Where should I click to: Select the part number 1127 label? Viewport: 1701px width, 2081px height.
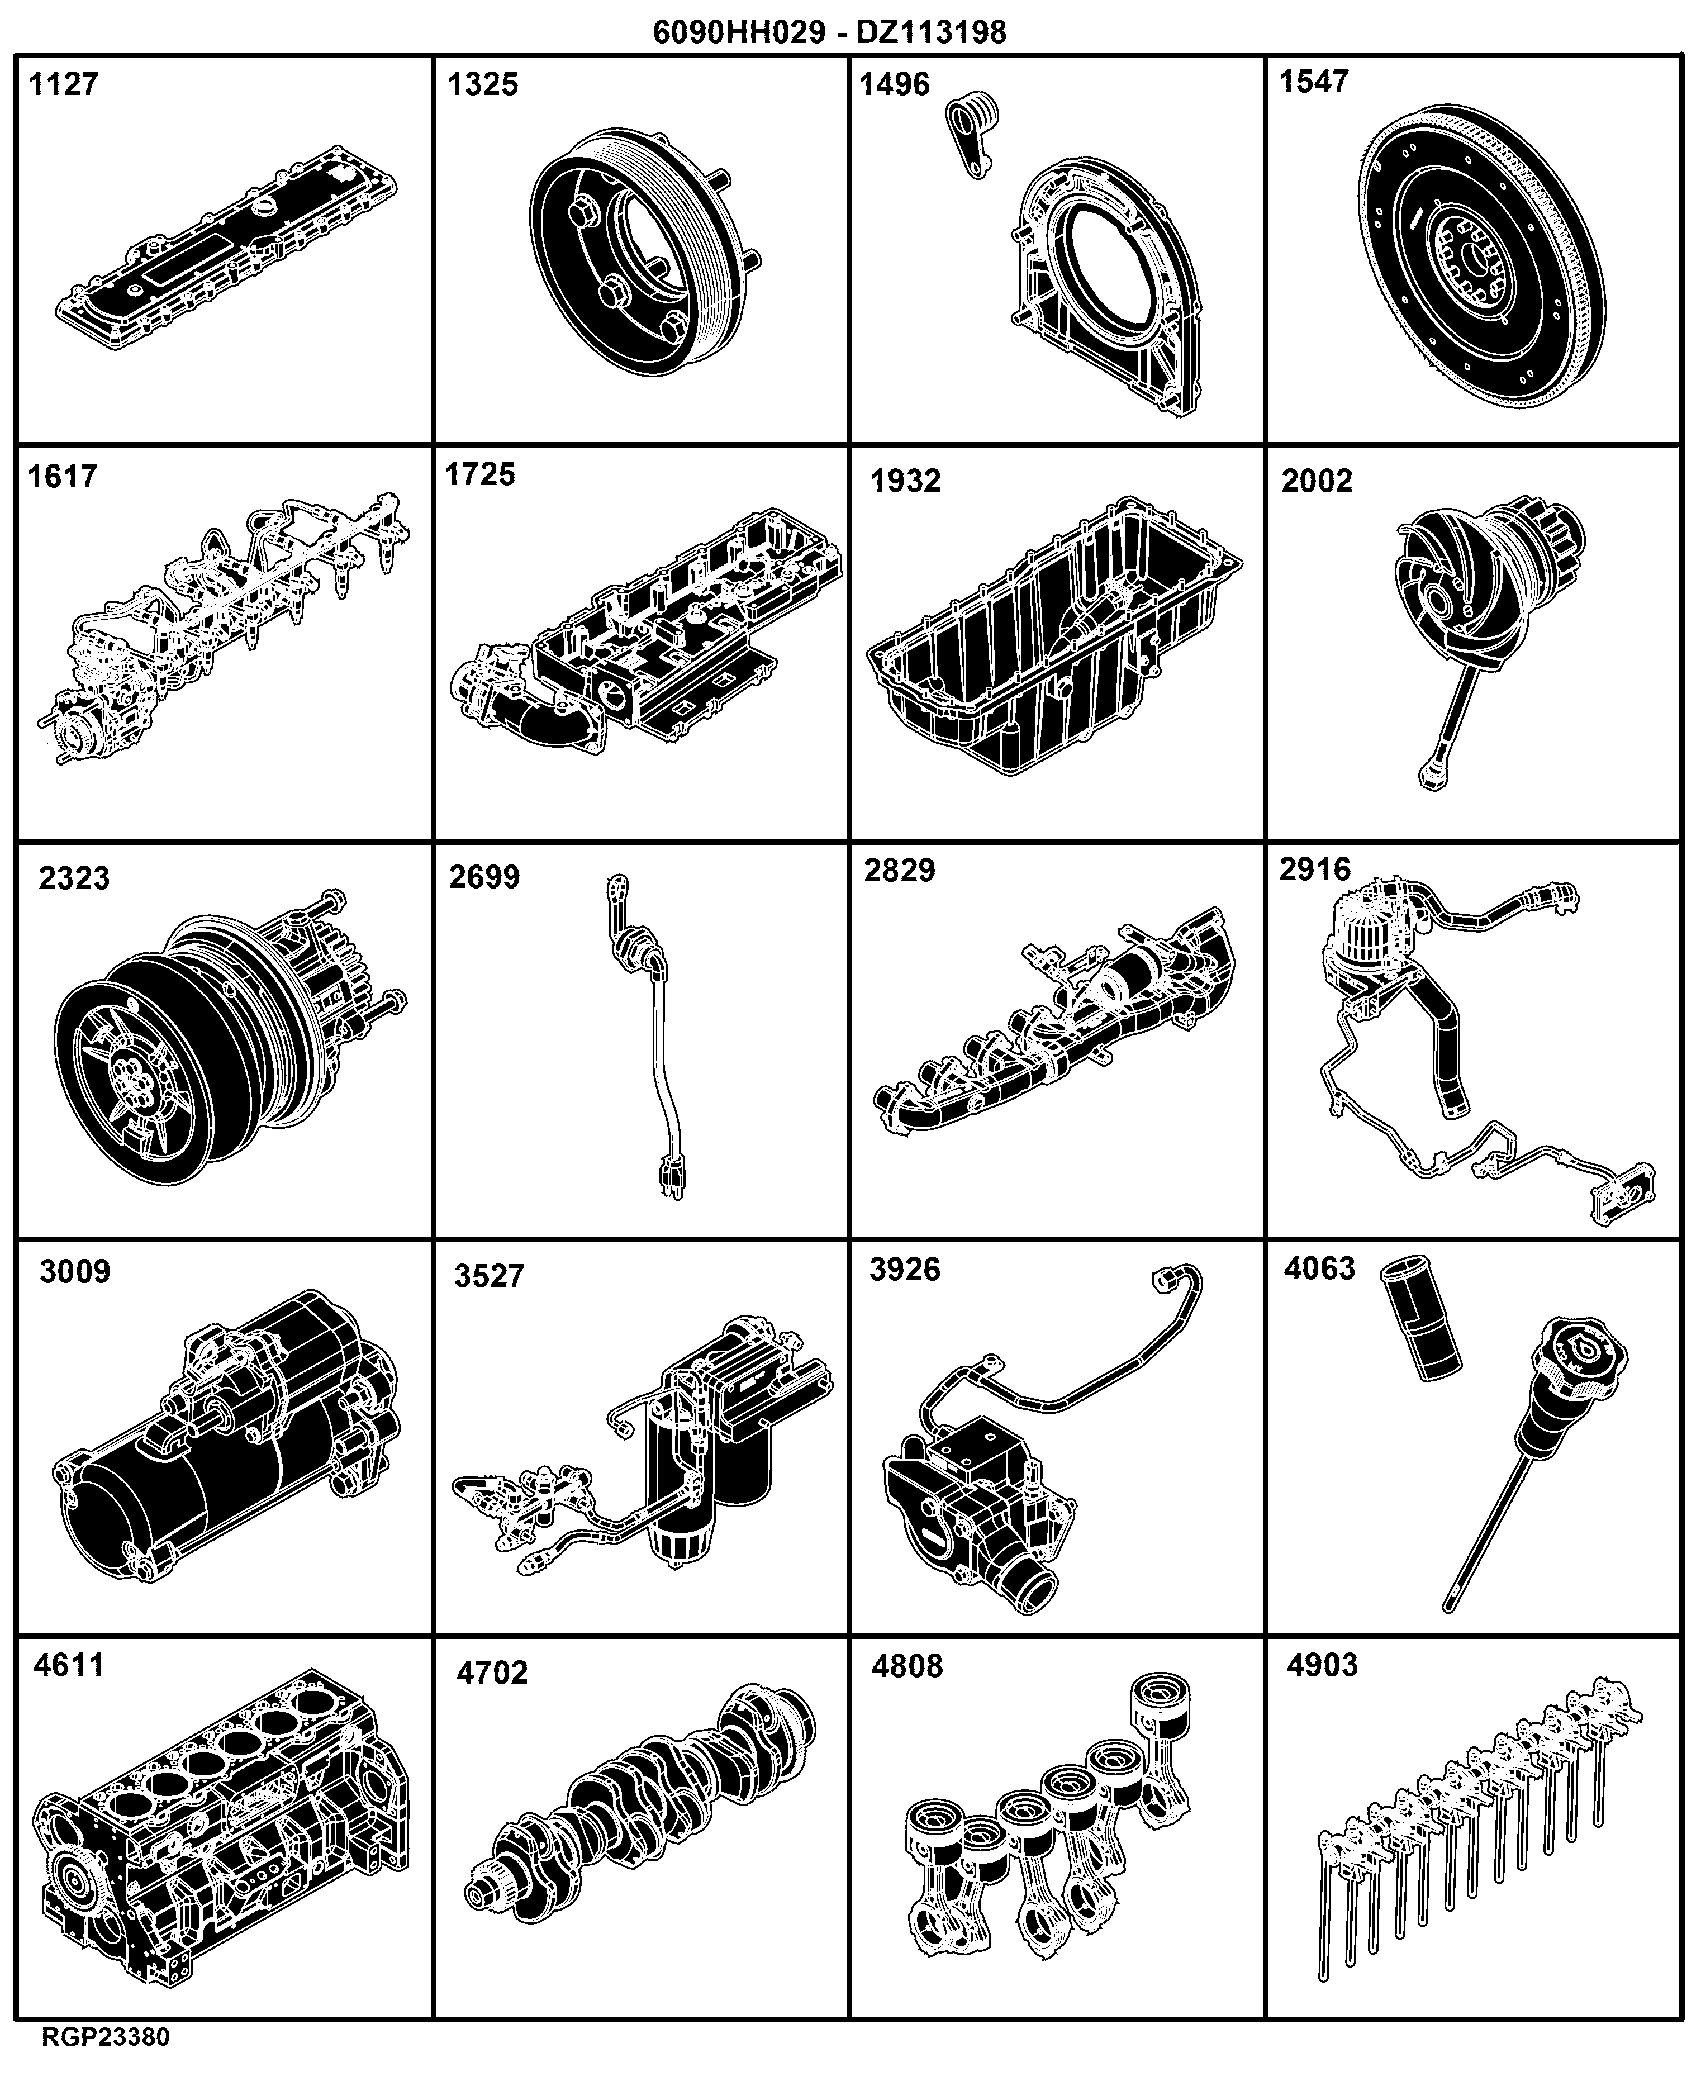pyautogui.click(x=64, y=84)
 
